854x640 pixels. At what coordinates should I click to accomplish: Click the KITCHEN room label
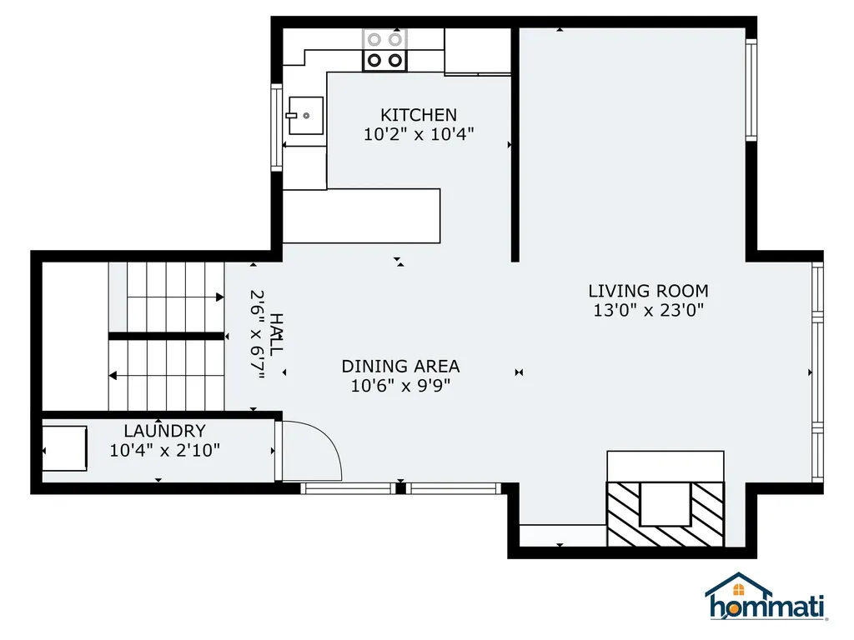[419, 115]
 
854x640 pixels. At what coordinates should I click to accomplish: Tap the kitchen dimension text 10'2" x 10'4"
[419, 134]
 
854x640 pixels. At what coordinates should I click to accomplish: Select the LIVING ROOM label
[648, 291]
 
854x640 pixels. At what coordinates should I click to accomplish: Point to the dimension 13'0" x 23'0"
[648, 311]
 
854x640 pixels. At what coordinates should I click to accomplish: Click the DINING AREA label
[400, 366]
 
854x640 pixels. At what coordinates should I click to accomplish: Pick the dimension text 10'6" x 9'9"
[400, 386]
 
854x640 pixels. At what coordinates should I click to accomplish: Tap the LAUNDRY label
[164, 431]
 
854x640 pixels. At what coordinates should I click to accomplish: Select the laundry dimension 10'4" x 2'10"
[164, 451]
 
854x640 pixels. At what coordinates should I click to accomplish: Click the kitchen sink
[305, 116]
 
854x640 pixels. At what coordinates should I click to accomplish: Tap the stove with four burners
[384, 49]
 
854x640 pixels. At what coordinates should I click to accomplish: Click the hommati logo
[766, 597]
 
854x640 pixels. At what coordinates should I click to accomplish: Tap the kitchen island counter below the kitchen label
[361, 215]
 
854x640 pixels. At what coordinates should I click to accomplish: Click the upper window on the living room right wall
[751, 87]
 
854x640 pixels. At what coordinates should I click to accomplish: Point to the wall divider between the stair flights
[166, 336]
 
